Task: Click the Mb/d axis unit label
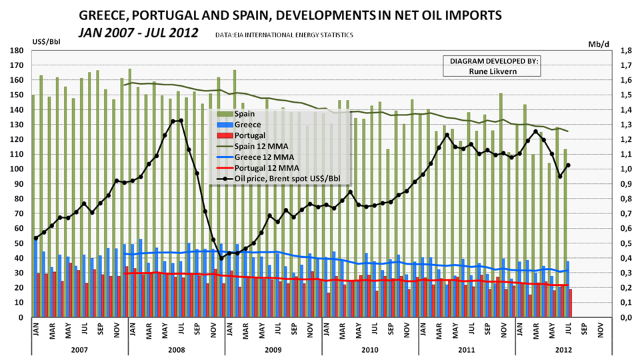[x=598, y=43]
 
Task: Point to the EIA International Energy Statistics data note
[x=285, y=34]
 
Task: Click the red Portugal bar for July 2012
[x=570, y=303]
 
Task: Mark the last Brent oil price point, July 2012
[x=568, y=165]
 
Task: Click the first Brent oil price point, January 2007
[x=36, y=238]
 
